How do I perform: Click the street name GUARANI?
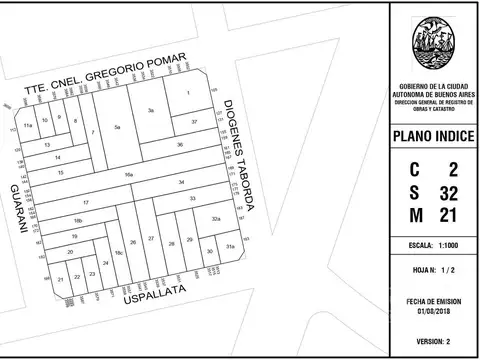click(17, 209)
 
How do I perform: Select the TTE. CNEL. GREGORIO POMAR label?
click(106, 80)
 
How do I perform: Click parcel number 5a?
click(117, 128)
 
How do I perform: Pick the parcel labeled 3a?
click(151, 109)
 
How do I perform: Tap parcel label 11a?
click(29, 126)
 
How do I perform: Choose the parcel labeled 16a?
click(129, 175)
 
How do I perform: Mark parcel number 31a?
click(230, 246)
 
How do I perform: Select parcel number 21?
click(61, 279)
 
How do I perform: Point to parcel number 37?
click(194, 121)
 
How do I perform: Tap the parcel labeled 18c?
click(118, 254)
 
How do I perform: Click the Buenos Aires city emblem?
click(433, 46)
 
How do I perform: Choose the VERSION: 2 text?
click(434, 341)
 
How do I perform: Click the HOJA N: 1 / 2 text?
click(434, 271)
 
